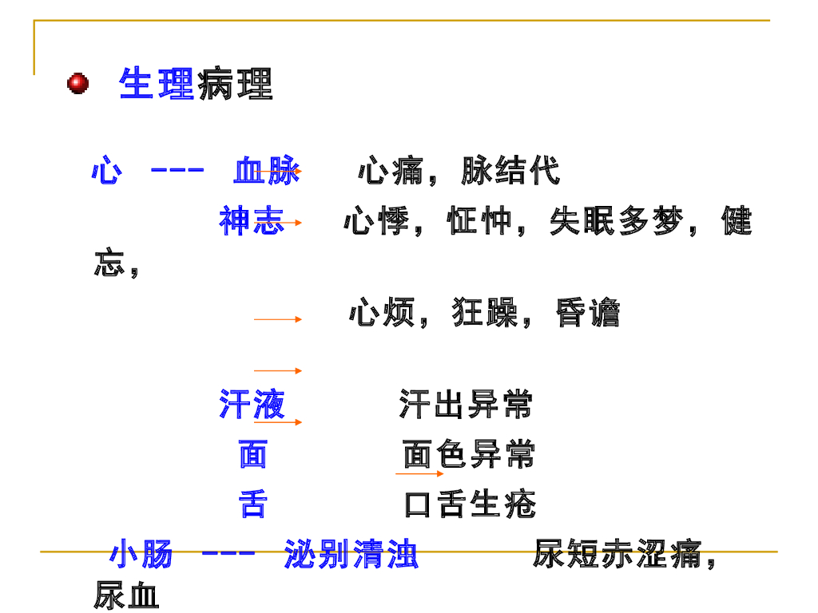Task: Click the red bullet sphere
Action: [x=77, y=83]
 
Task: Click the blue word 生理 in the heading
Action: [x=157, y=84]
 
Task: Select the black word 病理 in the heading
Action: [x=235, y=84]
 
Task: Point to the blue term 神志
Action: [x=252, y=221]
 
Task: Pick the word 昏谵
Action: [x=588, y=313]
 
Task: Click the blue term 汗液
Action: [x=252, y=405]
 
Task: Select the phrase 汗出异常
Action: [x=465, y=405]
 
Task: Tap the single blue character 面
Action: [x=252, y=455]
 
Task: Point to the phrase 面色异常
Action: [x=469, y=455]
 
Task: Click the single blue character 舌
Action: [x=252, y=504]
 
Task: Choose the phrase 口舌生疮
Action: [x=470, y=504]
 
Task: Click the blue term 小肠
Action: [x=141, y=554]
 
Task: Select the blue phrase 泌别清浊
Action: [x=351, y=554]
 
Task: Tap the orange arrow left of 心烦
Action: [x=278, y=319]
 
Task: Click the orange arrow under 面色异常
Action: [x=419, y=474]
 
